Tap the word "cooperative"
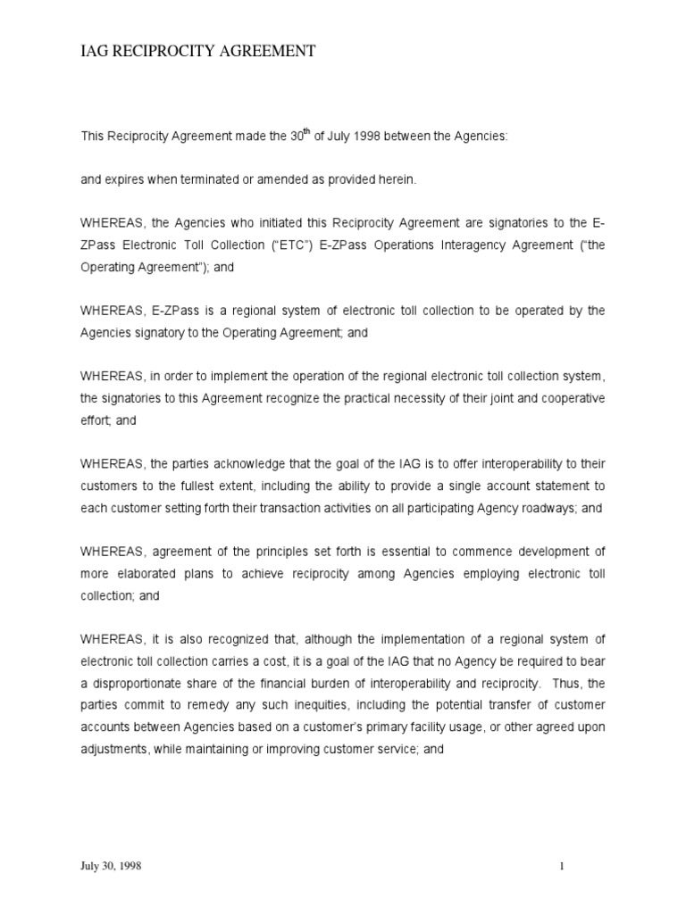point(571,399)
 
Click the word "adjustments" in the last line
point(113,748)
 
